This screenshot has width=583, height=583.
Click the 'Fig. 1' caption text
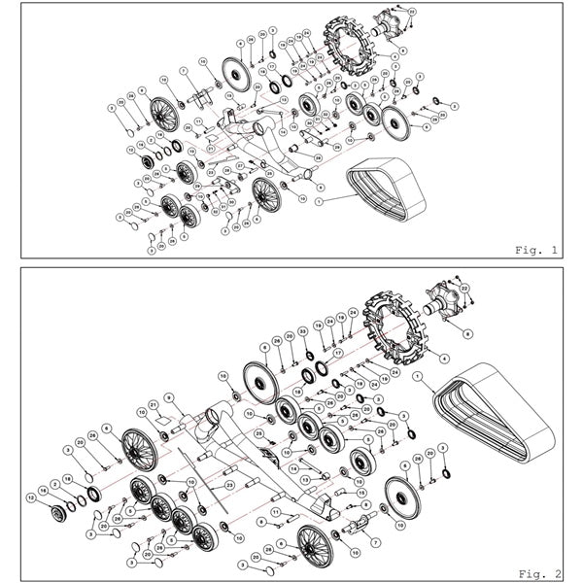[x=537, y=249]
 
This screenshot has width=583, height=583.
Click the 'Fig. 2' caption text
[x=537, y=572]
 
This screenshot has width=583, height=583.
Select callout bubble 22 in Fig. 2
[x=464, y=290]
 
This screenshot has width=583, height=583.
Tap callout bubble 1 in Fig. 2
[x=417, y=375]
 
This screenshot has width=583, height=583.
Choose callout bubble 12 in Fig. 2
[x=31, y=497]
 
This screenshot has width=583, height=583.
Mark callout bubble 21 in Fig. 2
[x=153, y=405]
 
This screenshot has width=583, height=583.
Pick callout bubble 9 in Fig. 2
[x=167, y=396]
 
